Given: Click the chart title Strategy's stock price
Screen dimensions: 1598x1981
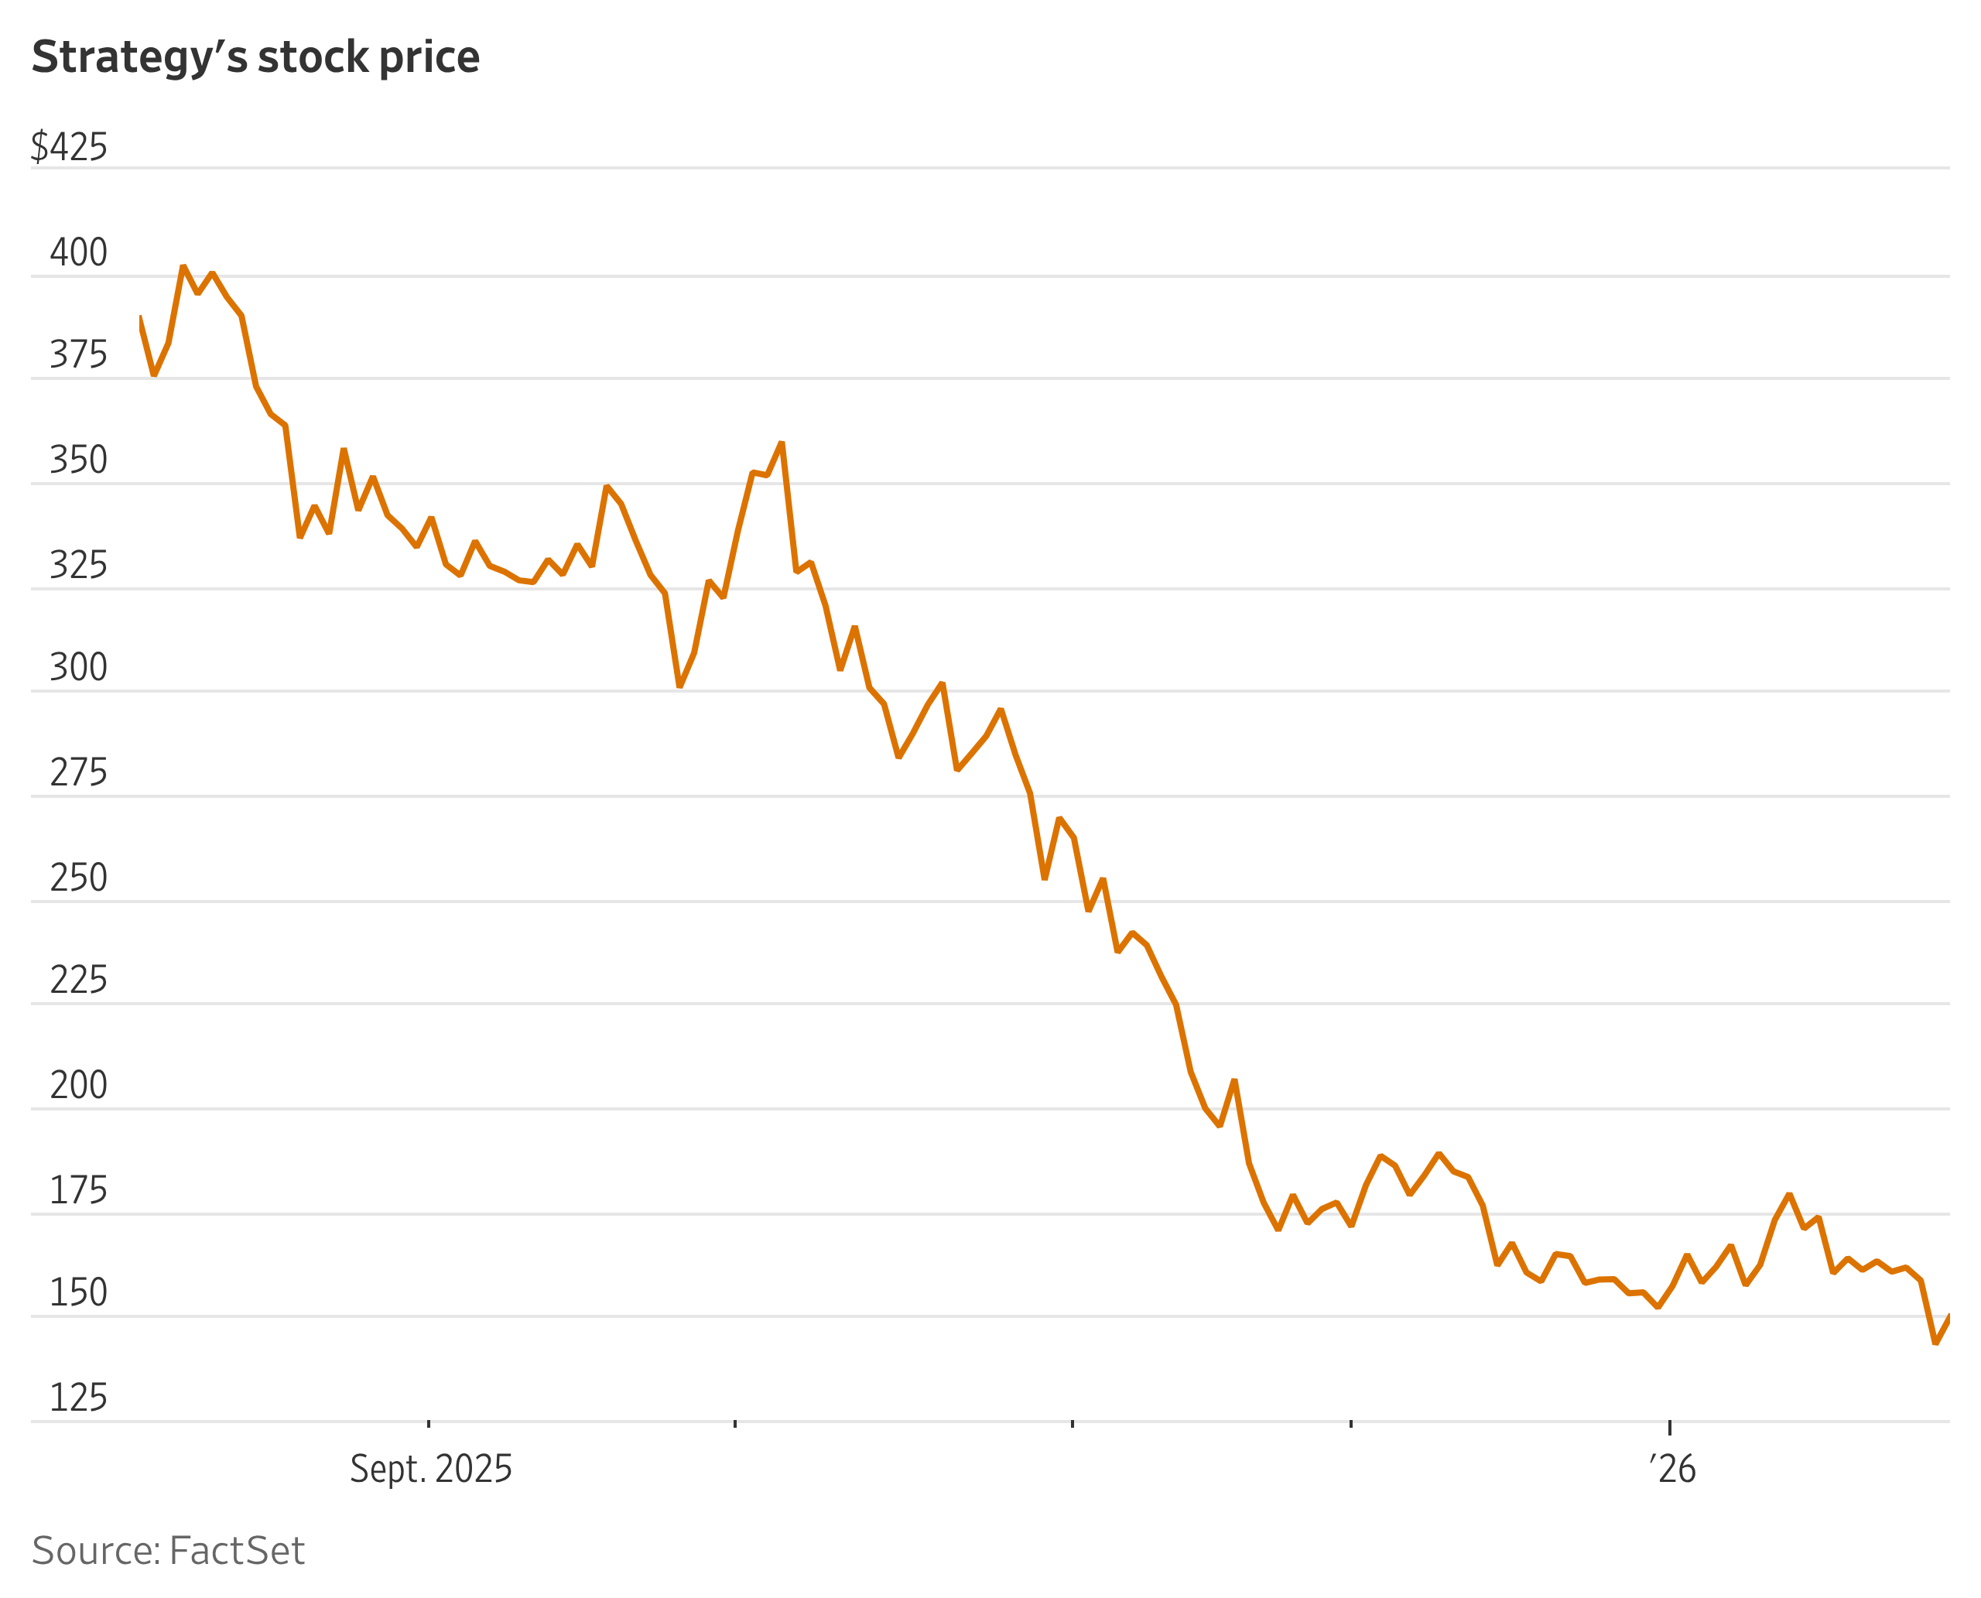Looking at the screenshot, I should [256, 57].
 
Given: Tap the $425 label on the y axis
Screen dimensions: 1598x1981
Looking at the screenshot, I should [69, 146].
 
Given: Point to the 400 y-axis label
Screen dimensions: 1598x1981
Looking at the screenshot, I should [78, 252].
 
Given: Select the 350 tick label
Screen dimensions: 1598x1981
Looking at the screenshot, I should [78, 460].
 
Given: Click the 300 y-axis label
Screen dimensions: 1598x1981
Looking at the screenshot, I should [78, 666].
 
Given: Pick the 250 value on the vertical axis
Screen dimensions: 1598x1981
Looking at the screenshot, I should [78, 878].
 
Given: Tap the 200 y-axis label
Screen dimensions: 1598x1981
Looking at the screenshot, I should [78, 1084].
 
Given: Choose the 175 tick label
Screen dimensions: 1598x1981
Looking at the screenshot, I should [78, 1190].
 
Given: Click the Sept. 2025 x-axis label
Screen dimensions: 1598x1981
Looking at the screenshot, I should [431, 1468].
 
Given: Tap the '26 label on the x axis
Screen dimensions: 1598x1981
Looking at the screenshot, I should [1671, 1468].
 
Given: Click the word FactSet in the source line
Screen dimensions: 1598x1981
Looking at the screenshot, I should [237, 1551].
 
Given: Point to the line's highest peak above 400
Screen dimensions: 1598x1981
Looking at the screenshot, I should [183, 266].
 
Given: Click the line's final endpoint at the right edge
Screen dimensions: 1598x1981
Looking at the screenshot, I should [1948, 1316].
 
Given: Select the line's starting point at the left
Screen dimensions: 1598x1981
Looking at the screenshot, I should [140, 317].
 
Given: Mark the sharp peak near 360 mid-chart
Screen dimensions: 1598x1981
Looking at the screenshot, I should [782, 443].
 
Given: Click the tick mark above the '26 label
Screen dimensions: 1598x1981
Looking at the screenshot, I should [1670, 1427].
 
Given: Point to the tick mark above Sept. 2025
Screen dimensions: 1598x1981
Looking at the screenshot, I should [429, 1424].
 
